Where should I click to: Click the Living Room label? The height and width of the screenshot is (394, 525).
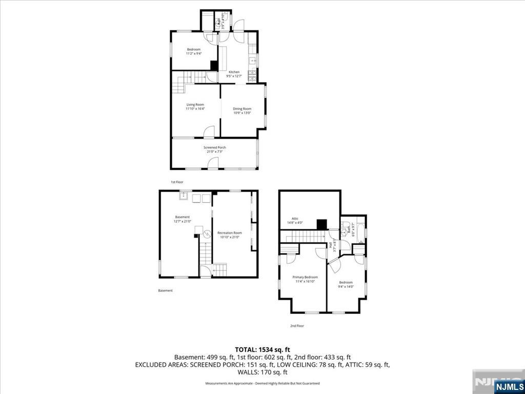195,105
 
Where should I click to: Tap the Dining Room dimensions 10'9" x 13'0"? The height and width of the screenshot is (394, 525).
242,113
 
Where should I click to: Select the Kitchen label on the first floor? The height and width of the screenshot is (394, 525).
234,72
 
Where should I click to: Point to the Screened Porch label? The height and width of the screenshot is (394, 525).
215,147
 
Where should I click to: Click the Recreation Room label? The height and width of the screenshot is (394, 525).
229,233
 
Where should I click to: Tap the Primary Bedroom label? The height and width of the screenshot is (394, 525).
302,277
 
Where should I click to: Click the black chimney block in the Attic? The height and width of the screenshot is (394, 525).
321,225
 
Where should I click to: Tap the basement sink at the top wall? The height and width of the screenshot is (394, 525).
184,195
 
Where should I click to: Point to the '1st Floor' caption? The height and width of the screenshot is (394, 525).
177,182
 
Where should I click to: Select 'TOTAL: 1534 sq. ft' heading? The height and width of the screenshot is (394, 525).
262,349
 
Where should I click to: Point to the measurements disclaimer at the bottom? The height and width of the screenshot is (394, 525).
262,383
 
